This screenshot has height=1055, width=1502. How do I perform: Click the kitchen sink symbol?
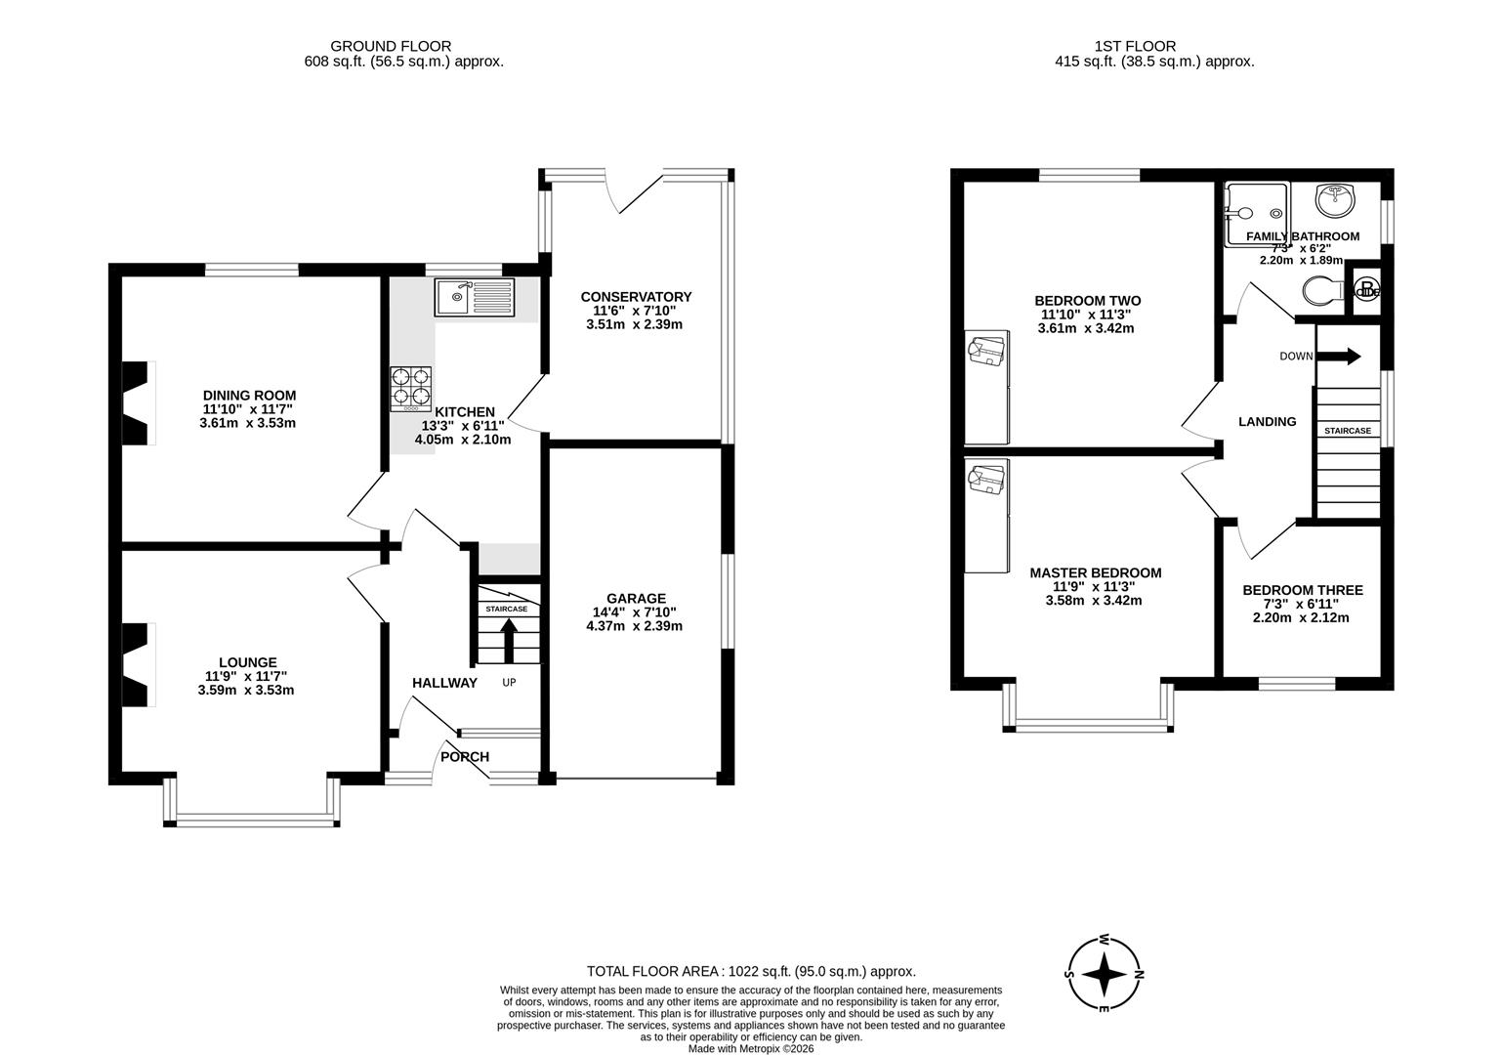[x=475, y=296]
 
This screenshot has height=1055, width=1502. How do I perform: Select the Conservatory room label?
[x=636, y=297]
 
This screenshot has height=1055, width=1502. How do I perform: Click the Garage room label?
[x=636, y=599]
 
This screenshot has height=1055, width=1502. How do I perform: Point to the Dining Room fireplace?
[x=138, y=403]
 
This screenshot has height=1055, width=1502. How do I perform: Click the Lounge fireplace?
[x=138, y=665]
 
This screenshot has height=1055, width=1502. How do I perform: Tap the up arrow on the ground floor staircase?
[x=509, y=641]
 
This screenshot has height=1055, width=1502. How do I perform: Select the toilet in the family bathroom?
[x=1323, y=290]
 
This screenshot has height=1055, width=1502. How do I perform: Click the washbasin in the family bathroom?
[x=1335, y=201]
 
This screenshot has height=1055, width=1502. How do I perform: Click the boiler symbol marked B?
[x=1365, y=290]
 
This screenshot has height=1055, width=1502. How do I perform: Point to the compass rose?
[x=1105, y=974]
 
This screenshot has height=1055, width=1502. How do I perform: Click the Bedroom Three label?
[x=1302, y=590]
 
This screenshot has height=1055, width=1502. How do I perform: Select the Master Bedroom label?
[x=1095, y=573]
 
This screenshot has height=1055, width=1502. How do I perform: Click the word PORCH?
[x=465, y=756]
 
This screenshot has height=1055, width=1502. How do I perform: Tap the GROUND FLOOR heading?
[x=391, y=46]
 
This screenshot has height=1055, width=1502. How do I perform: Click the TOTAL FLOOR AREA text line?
[x=750, y=971]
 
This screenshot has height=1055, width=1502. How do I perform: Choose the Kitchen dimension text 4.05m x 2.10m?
[x=463, y=440]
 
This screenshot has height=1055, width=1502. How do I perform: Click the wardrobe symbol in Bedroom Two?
[x=986, y=350]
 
